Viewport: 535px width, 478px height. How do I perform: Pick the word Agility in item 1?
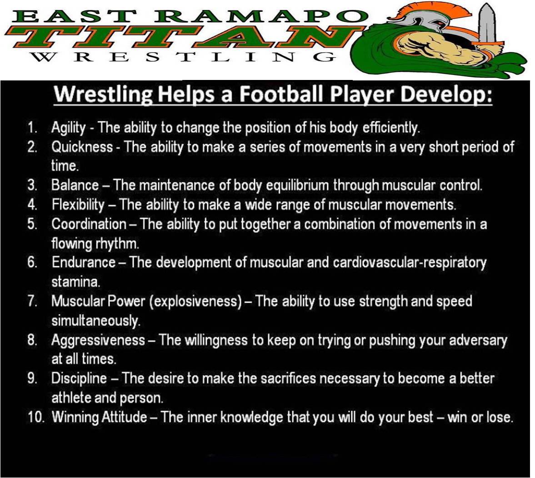click(x=68, y=128)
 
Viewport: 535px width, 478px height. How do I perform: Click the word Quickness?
click(x=82, y=147)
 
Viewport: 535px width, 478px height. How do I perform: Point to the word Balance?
click(x=75, y=185)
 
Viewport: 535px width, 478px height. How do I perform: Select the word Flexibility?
click(x=78, y=205)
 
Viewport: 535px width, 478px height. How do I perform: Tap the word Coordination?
click(x=89, y=224)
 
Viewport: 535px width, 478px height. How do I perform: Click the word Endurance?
click(x=84, y=262)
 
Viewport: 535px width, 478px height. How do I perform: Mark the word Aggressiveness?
click(x=98, y=340)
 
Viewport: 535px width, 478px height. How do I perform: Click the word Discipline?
click(x=79, y=378)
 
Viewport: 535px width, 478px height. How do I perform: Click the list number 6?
click(x=32, y=263)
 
